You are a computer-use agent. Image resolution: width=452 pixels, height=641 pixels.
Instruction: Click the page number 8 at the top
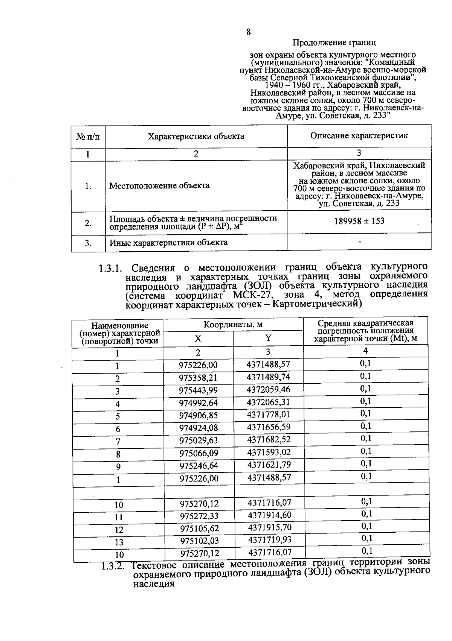coord(249,32)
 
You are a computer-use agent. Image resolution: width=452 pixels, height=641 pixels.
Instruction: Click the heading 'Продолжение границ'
coord(334,43)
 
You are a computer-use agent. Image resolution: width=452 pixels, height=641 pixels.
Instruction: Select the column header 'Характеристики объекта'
coord(196,136)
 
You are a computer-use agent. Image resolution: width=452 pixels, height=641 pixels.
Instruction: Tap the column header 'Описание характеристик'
coord(359,135)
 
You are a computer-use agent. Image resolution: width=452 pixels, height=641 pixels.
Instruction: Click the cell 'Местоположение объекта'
coord(159,185)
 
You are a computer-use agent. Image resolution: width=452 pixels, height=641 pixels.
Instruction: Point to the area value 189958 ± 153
coord(359,221)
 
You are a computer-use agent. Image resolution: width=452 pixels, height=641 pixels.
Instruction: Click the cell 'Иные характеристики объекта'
coord(168,243)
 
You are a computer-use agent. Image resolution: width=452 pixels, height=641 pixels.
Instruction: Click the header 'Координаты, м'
coord(233,325)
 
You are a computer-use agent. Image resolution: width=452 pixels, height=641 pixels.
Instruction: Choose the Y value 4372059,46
coord(269,390)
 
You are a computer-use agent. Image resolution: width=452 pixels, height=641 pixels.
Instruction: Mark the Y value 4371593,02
coord(269,452)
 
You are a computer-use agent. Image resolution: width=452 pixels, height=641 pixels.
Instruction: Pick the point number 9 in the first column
coord(118,467)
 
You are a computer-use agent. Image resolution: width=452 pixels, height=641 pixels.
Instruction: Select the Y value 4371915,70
coord(270,527)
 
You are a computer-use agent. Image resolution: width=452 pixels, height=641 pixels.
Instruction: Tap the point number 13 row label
coord(119,542)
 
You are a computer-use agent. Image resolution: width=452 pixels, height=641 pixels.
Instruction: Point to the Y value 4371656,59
coord(269,427)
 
